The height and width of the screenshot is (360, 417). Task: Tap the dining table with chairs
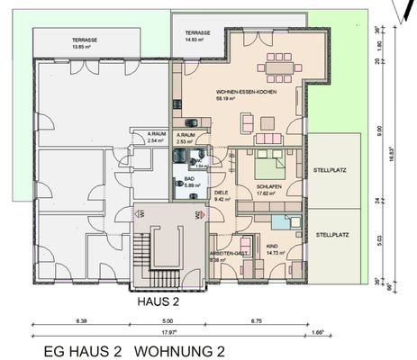(x=275, y=66)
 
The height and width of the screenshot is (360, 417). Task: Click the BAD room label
(x=190, y=180)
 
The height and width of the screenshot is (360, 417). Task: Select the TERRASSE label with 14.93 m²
(x=197, y=31)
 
